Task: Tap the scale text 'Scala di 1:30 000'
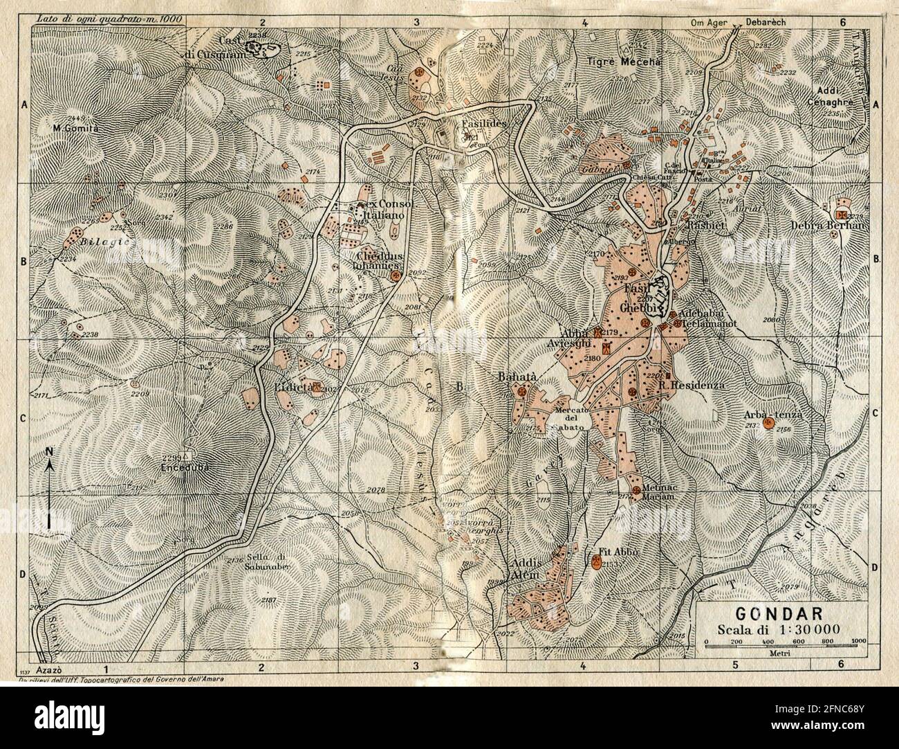coord(778,629)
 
